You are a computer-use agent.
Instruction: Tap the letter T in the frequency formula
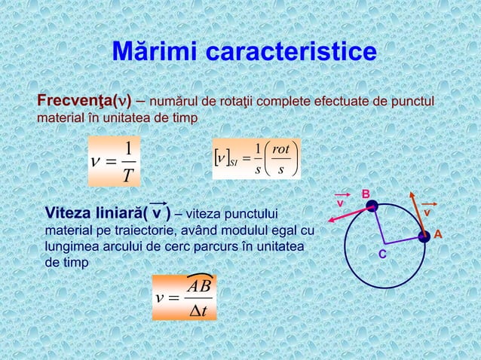coord(129,175)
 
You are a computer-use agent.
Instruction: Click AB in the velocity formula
coord(199,285)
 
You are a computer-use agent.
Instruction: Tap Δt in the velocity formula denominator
coord(198,309)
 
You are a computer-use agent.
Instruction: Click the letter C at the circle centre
coord(382,256)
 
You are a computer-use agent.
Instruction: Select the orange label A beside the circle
coord(438,236)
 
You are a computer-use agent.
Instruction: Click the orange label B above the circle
coord(365,195)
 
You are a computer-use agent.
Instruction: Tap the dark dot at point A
coord(425,236)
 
